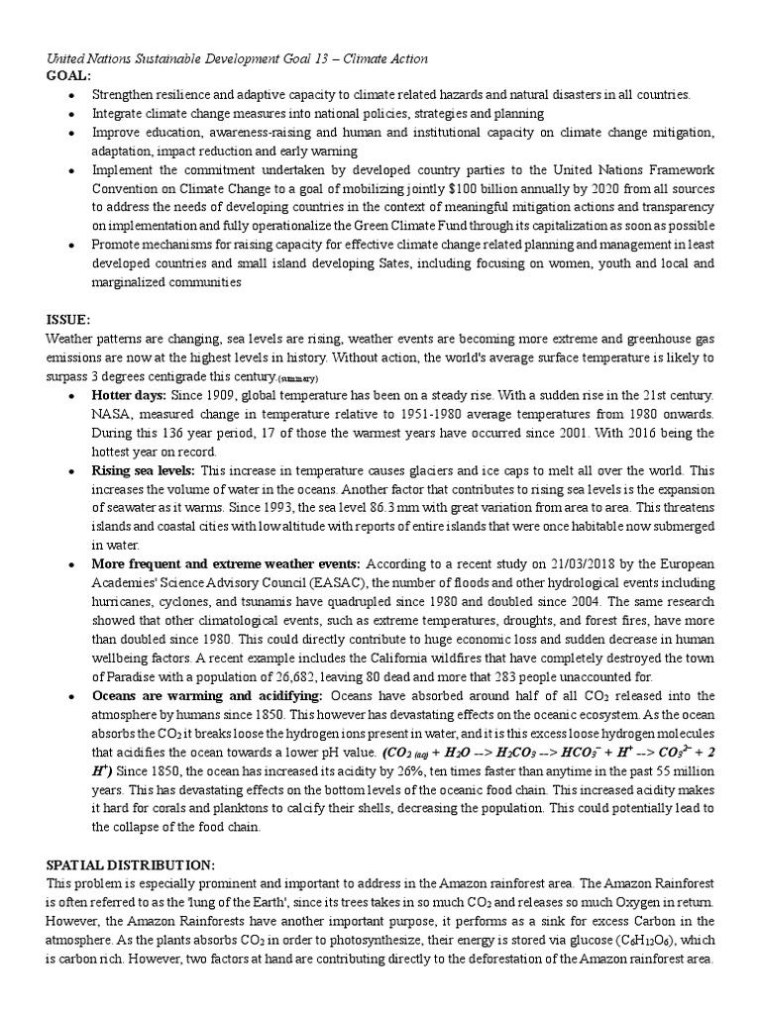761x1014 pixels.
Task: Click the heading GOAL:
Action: tap(68, 75)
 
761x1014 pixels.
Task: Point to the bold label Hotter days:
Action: tap(129, 394)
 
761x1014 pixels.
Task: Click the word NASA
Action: tap(112, 413)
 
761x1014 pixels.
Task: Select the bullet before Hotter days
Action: tap(73, 395)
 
